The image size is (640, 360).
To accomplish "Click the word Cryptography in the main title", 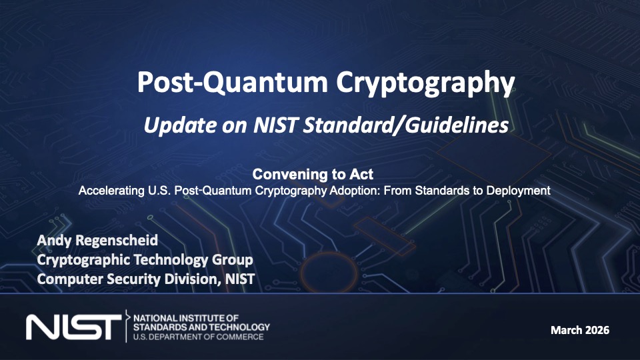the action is [x=425, y=83].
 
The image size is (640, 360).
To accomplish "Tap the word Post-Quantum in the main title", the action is [x=233, y=82].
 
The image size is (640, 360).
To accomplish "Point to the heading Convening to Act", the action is [x=313, y=174].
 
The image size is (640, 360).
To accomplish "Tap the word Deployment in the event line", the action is [x=519, y=191].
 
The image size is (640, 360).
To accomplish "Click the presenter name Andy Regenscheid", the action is [x=97, y=241].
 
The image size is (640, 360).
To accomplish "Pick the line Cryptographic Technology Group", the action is [x=145, y=260].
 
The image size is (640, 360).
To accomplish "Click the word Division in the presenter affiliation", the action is [x=192, y=279].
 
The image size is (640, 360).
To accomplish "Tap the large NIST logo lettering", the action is [x=74, y=327].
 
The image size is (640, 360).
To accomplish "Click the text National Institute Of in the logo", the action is [x=186, y=318].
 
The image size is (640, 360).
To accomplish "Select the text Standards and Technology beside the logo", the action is [x=201, y=327].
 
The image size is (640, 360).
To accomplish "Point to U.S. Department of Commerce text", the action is [x=199, y=337].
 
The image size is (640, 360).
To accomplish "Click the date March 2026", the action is [x=579, y=330].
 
